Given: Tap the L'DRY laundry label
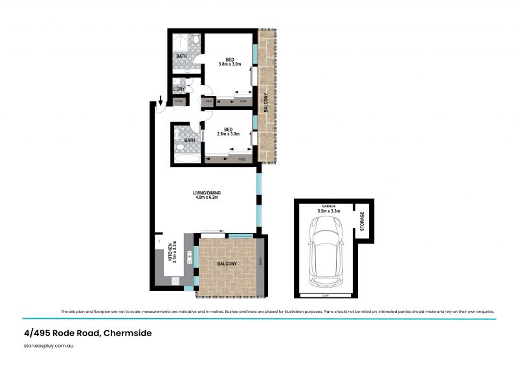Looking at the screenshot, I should [179, 89].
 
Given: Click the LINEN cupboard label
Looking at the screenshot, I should [208, 102].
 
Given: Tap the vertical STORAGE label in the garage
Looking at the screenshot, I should [363, 222].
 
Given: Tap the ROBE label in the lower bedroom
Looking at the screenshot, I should [242, 159].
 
